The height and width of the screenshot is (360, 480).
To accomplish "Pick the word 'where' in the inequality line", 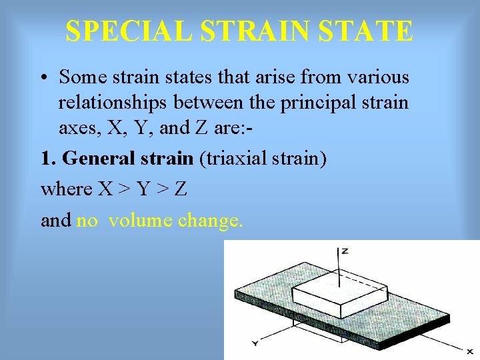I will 66,189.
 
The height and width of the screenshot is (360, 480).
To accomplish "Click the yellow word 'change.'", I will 210,219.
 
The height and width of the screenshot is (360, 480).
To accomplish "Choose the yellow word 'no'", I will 87,219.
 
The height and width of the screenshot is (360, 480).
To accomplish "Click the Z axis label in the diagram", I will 345,251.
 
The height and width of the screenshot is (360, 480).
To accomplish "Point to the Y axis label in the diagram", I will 255,343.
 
